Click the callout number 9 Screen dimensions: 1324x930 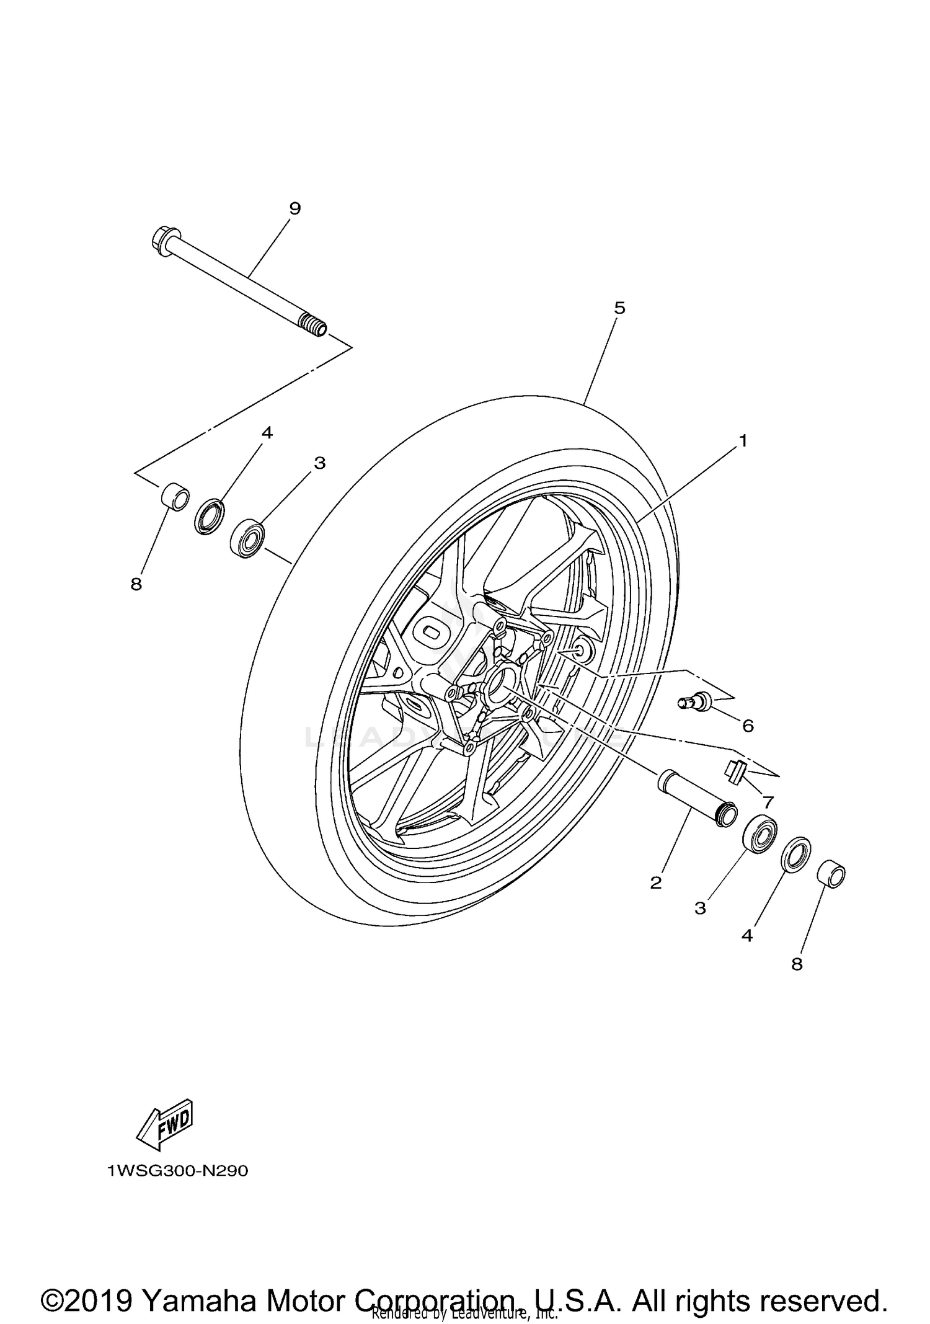coord(294,208)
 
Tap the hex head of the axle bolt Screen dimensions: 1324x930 coord(162,240)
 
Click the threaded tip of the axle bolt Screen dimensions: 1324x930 coord(313,325)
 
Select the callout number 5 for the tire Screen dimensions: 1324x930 coord(619,308)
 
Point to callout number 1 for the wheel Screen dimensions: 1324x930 coord(742,441)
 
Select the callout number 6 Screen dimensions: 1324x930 coord(748,726)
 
